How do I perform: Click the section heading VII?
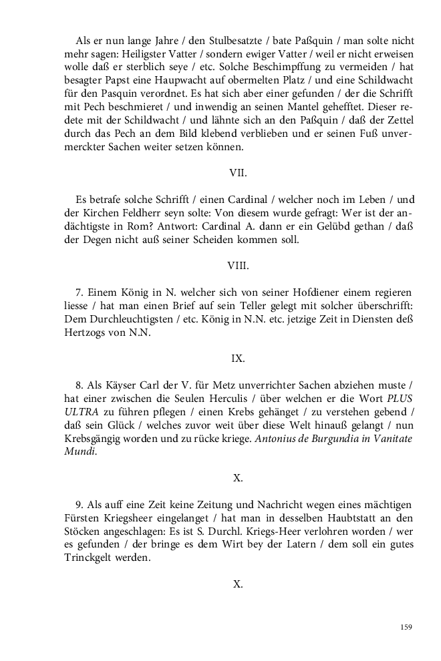click(238, 172)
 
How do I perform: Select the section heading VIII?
click(238, 265)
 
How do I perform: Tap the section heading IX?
click(238, 359)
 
